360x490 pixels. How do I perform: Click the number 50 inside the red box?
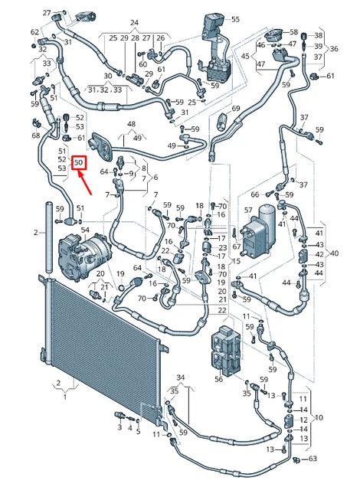click(x=78, y=163)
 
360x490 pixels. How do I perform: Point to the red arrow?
click(x=85, y=182)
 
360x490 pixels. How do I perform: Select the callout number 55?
click(x=235, y=19)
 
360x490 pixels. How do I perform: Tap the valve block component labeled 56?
click(x=225, y=349)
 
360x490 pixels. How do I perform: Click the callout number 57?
click(x=248, y=211)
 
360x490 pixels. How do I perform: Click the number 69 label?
click(x=236, y=109)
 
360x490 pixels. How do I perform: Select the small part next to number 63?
click(x=297, y=459)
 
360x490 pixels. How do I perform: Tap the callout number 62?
click(x=34, y=32)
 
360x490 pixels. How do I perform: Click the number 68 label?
click(x=36, y=136)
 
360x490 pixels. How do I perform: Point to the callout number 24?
click(x=134, y=22)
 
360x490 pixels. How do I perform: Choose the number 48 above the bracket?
click(x=131, y=124)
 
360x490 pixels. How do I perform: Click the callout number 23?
click(x=222, y=248)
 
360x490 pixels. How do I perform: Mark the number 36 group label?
click(x=334, y=49)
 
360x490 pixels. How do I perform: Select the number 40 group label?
click(x=334, y=253)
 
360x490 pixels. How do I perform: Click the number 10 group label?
click(x=319, y=417)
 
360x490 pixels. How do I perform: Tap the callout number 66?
click(x=255, y=194)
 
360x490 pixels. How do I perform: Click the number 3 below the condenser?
click(x=119, y=427)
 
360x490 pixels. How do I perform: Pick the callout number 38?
click(x=318, y=36)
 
